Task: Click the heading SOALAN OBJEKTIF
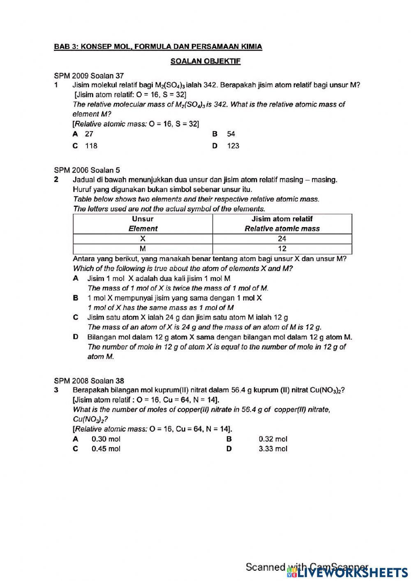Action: tap(205, 61)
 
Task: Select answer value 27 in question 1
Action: tap(89, 134)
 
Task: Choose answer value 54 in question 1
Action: tap(231, 134)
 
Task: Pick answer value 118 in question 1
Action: tap(91, 146)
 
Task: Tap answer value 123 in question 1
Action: tap(233, 146)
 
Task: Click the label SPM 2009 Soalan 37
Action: tap(89, 76)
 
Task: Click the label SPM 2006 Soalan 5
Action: tap(87, 170)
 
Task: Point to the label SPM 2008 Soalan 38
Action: tap(89, 381)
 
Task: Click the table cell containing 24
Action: tap(282, 239)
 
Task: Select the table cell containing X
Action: tap(143, 239)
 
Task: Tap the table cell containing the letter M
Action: tap(143, 249)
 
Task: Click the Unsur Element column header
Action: tap(143, 224)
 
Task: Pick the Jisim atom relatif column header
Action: tap(282, 224)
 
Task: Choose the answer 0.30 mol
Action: tap(106, 439)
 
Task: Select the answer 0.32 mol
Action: tap(273, 439)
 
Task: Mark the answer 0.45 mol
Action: tap(106, 449)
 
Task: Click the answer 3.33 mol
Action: tap(273, 449)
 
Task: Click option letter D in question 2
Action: tap(76, 337)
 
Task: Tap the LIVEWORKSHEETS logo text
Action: tap(353, 572)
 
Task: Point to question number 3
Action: tap(56, 390)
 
